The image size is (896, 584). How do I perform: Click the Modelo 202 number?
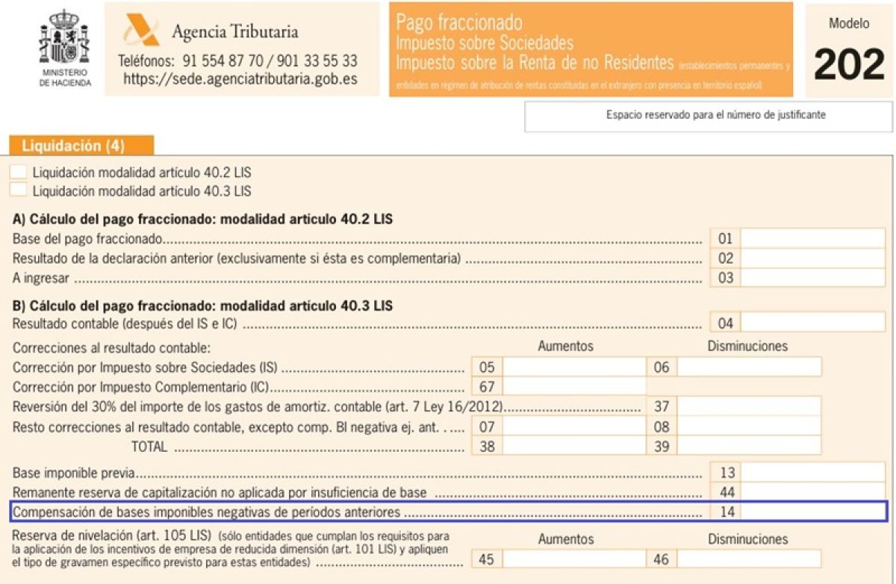click(849, 65)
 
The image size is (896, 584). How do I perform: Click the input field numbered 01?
click(812, 239)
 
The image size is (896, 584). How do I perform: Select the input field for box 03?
click(812, 278)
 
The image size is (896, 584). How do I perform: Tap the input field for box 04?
click(812, 323)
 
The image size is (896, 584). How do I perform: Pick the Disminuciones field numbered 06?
click(749, 367)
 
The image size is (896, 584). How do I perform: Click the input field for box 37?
click(749, 406)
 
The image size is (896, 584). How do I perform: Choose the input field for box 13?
click(812, 473)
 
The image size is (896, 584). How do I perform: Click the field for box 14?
click(812, 512)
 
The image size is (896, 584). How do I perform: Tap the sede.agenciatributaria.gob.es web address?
click(240, 78)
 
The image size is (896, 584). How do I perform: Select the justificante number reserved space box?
click(708, 116)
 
